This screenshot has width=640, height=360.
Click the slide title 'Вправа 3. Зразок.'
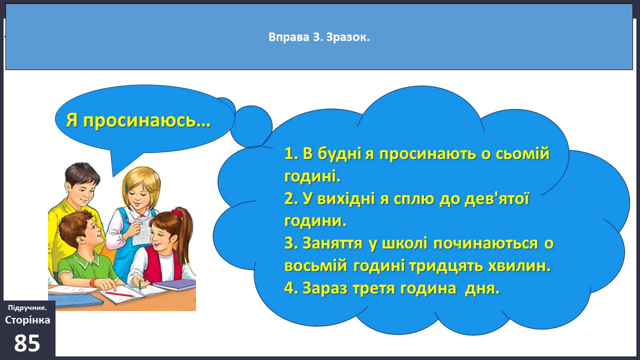(x=319, y=37)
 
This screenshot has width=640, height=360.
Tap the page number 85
(x=27, y=343)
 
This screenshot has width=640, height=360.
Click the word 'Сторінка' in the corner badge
(x=27, y=320)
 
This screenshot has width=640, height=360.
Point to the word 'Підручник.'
(x=27, y=307)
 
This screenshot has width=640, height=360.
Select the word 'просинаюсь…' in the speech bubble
(x=147, y=120)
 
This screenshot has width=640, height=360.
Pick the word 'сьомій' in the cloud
(x=522, y=153)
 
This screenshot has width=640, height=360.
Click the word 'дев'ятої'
(x=497, y=199)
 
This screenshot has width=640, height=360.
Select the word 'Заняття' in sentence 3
(x=332, y=243)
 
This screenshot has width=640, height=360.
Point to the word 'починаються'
(x=485, y=243)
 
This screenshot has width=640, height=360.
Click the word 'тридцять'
(x=446, y=266)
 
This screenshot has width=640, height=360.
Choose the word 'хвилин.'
(x=519, y=266)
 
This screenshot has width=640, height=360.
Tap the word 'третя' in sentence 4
(x=373, y=288)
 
